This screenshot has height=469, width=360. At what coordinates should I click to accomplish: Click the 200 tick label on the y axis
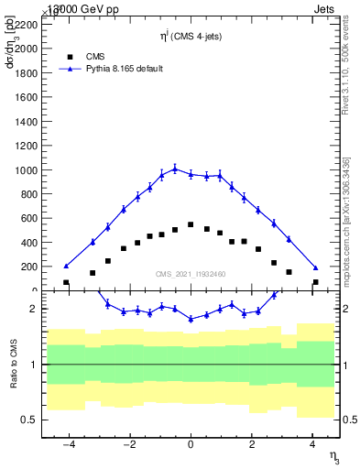click(29, 267)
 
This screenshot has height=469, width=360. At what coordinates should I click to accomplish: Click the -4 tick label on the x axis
click(68, 444)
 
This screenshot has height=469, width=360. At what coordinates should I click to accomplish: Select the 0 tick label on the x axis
click(191, 444)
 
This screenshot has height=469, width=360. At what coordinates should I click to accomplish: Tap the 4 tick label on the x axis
click(312, 444)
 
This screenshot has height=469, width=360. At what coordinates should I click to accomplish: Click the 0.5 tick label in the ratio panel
click(29, 420)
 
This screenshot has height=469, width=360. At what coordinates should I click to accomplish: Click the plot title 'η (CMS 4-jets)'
click(191, 37)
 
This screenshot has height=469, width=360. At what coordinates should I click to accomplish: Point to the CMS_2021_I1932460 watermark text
click(191, 274)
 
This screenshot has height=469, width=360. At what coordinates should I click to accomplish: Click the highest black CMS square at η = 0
click(191, 224)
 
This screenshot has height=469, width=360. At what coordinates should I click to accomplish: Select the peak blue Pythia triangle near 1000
click(175, 169)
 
